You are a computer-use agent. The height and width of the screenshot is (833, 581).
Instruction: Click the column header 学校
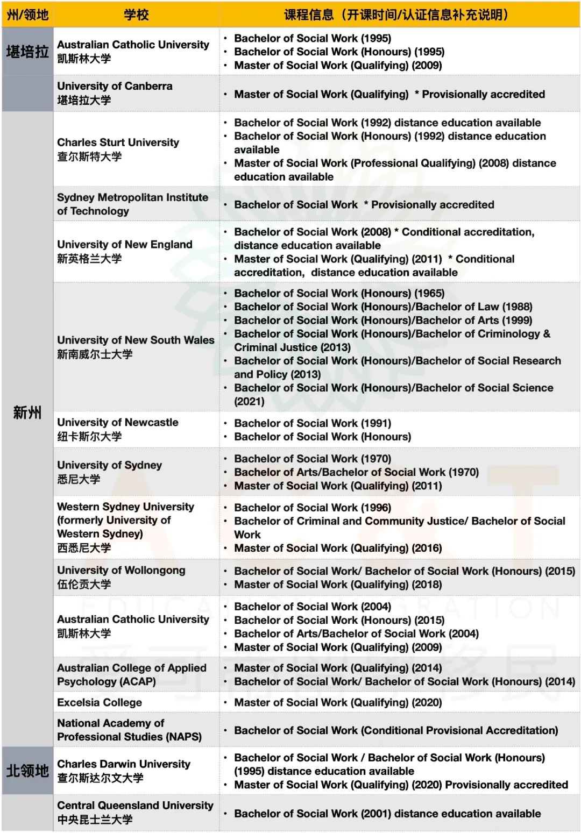point(136,15)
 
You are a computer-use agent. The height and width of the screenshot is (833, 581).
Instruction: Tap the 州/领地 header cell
point(27,15)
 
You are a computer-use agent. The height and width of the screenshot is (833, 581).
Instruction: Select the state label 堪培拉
point(27,52)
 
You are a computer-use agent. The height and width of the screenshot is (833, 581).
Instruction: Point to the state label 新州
point(27,412)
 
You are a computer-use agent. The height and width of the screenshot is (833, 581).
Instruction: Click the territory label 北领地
point(27,771)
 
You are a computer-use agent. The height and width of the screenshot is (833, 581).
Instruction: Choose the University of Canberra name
point(115,86)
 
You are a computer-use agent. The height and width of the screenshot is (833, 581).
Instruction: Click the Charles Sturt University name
point(118,143)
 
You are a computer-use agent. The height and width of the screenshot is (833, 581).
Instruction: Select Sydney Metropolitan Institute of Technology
point(132,204)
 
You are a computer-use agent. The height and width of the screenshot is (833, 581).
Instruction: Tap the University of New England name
point(124,245)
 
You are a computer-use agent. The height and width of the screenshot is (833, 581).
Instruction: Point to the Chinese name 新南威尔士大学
point(95,354)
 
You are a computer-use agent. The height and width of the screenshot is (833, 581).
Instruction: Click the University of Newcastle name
point(117,423)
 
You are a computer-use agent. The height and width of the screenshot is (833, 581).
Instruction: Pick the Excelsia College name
point(100,702)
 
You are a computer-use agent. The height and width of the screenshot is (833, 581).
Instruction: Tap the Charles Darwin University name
point(124,764)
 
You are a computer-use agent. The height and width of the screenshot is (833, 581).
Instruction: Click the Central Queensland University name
point(135,806)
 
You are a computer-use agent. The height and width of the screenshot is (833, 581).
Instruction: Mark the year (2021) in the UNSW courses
point(249,401)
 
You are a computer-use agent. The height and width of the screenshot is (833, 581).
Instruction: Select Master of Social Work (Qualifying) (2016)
point(338,548)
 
